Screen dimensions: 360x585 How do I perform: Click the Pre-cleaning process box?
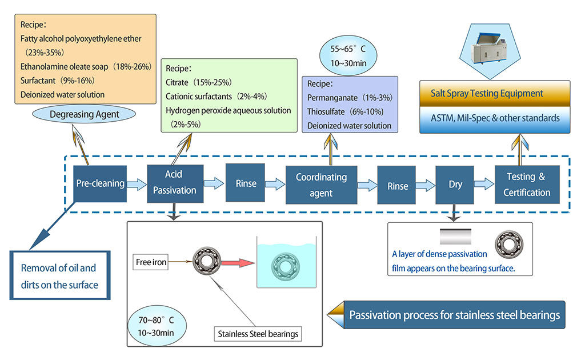[100, 183]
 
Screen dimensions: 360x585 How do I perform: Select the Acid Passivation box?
[174, 182]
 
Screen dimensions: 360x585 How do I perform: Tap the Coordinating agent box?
[321, 185]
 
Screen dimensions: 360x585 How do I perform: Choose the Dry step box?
[455, 184]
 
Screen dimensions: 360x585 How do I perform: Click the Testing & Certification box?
[527, 184]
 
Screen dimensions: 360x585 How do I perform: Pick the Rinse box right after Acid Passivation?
[246, 183]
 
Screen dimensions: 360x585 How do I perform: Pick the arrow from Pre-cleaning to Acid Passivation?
[137, 183]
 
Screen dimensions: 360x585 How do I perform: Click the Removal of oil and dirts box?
[59, 275]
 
